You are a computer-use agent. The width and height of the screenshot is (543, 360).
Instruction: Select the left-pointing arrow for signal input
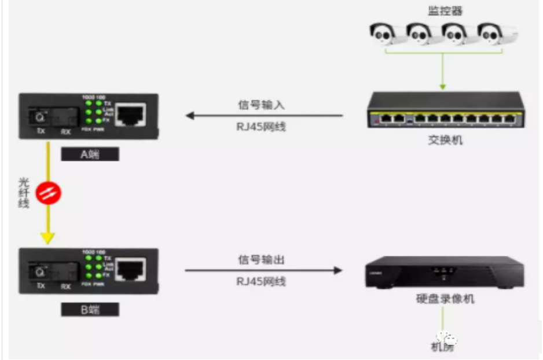click(191, 115)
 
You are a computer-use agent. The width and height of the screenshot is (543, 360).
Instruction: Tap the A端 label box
click(90, 154)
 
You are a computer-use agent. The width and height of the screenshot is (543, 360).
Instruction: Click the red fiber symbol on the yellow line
click(49, 193)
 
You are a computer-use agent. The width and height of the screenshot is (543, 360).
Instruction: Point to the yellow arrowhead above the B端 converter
click(48, 237)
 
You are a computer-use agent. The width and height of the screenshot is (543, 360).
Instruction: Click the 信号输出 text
click(262, 260)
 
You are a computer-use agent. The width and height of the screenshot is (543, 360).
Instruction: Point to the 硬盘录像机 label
click(445, 299)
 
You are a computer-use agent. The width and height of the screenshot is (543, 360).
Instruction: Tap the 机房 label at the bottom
click(443, 347)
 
